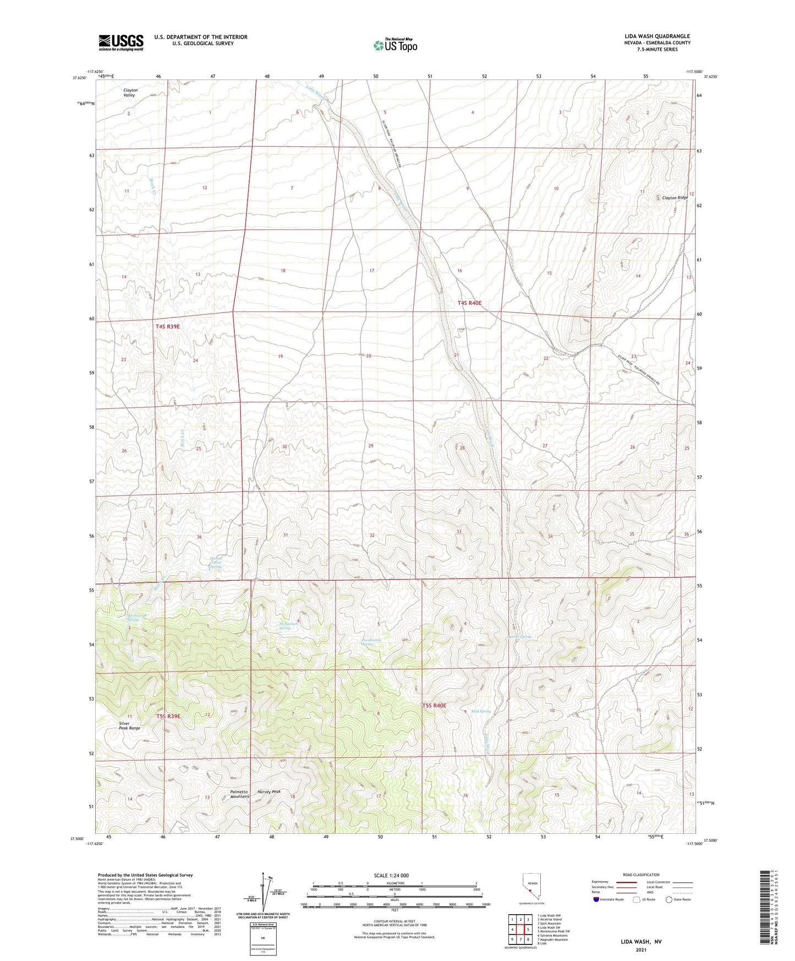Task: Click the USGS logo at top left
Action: [x=121, y=42]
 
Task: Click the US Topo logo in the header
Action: [x=395, y=45]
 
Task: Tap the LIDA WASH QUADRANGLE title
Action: [x=657, y=36]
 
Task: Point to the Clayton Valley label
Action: [x=130, y=92]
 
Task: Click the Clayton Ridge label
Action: [x=675, y=198]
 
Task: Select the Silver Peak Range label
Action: [x=130, y=725]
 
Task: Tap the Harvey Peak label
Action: [x=269, y=791]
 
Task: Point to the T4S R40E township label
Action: [x=470, y=303]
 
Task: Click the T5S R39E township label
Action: [x=168, y=716]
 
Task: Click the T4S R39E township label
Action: [x=168, y=326]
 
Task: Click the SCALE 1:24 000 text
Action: [x=394, y=876]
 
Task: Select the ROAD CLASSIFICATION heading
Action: [x=641, y=875]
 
